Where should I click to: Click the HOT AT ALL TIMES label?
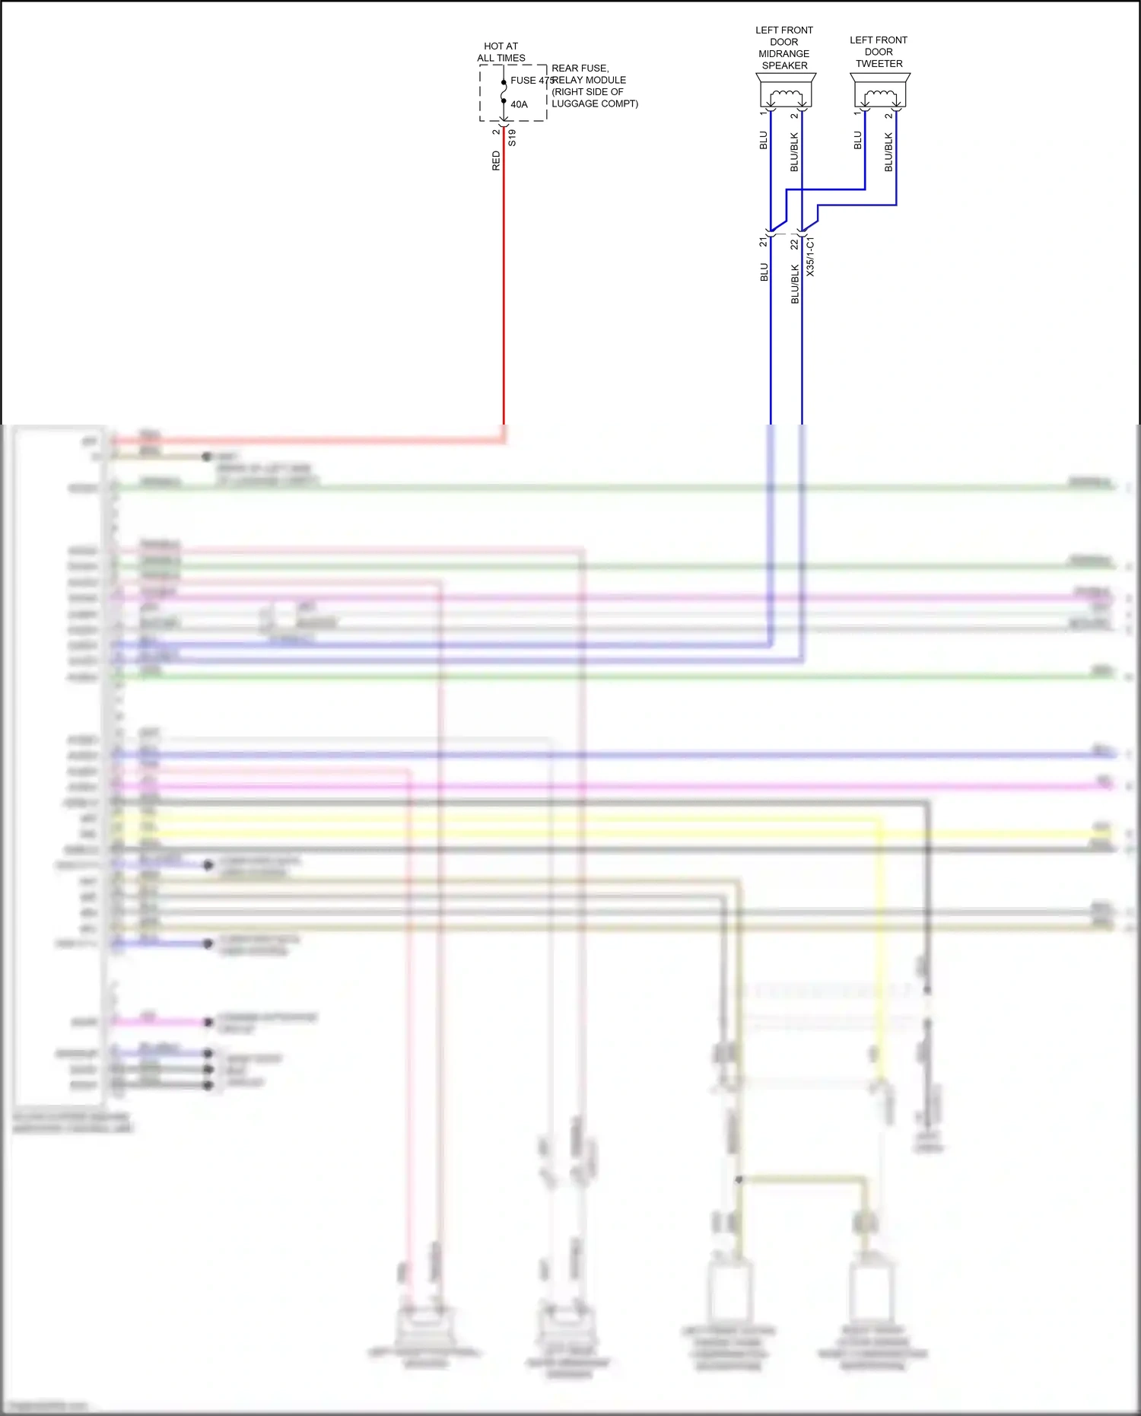(x=501, y=52)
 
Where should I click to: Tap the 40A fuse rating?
(x=519, y=104)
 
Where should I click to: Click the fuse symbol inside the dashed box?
(x=504, y=92)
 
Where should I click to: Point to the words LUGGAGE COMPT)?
(x=594, y=103)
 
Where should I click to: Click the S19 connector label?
(x=512, y=138)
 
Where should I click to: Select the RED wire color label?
(x=496, y=161)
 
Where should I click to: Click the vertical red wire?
(x=504, y=289)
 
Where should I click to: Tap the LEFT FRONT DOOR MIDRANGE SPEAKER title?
(x=784, y=48)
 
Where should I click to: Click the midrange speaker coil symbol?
(x=786, y=95)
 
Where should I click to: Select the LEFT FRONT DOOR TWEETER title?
(x=879, y=52)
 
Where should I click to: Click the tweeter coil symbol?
(x=880, y=95)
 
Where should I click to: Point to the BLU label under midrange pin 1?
(x=764, y=140)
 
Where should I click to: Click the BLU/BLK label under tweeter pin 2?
(x=888, y=151)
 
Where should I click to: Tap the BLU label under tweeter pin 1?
(x=858, y=140)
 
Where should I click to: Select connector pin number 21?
(x=763, y=242)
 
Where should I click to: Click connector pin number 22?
(x=794, y=244)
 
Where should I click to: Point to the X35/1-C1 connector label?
(x=810, y=256)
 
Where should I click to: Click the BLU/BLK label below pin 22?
(x=795, y=284)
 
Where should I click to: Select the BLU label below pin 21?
(x=764, y=272)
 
